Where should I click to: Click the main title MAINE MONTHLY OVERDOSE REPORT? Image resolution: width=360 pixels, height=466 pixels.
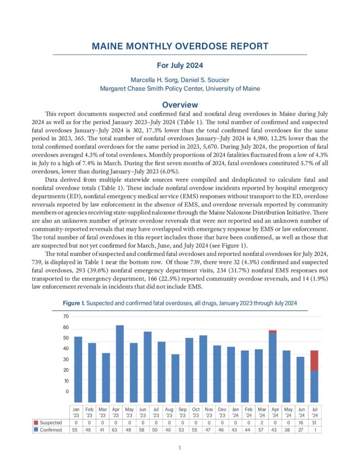[x=180, y=46]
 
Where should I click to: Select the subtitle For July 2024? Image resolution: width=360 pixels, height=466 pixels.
[x=180, y=65]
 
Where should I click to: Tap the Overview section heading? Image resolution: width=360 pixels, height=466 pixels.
[x=180, y=105]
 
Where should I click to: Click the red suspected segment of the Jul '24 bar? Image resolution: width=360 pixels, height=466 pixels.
[x=314, y=360]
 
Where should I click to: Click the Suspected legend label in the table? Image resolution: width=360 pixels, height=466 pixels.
[x=51, y=423]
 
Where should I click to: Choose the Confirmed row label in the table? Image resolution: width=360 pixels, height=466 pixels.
[x=51, y=430]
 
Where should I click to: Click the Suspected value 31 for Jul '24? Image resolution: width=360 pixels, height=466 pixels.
[x=314, y=423]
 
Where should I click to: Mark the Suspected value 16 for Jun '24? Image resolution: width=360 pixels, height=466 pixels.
[x=300, y=423]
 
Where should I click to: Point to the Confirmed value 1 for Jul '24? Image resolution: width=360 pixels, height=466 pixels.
[x=314, y=430]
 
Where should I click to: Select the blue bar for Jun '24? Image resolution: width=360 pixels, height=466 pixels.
[x=300, y=377]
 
